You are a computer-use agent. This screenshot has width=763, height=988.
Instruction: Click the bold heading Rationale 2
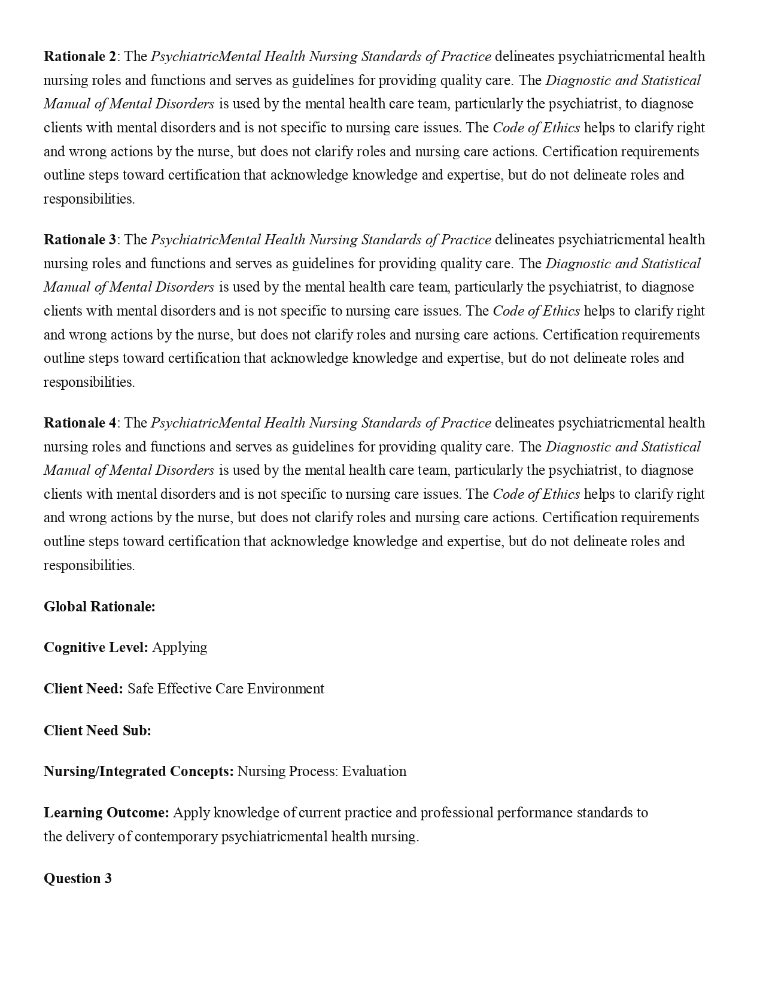80,57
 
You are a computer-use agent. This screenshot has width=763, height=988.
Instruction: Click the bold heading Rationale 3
80,240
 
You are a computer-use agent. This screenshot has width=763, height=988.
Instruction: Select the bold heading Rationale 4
80,423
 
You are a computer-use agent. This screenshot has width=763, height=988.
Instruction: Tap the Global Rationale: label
99,607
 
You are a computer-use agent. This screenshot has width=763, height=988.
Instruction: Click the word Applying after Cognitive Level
180,647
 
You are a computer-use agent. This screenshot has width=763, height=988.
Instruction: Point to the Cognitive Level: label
96,647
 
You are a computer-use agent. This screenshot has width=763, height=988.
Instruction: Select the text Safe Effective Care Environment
226,689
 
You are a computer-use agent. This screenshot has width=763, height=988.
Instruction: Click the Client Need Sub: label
98,731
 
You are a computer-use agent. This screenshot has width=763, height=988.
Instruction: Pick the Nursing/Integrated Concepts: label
139,771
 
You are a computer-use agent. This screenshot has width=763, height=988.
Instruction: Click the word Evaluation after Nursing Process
374,771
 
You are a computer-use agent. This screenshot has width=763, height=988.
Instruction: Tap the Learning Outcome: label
107,813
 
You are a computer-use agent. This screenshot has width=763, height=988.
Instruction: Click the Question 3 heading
78,878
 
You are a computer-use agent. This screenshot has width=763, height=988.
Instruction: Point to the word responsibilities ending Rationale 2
89,199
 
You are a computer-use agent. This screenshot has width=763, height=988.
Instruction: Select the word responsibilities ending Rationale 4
89,565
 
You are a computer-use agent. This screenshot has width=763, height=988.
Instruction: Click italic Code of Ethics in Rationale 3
536,311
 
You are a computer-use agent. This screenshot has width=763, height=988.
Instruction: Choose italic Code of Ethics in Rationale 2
536,128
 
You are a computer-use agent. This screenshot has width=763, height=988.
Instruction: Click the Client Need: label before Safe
83,689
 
